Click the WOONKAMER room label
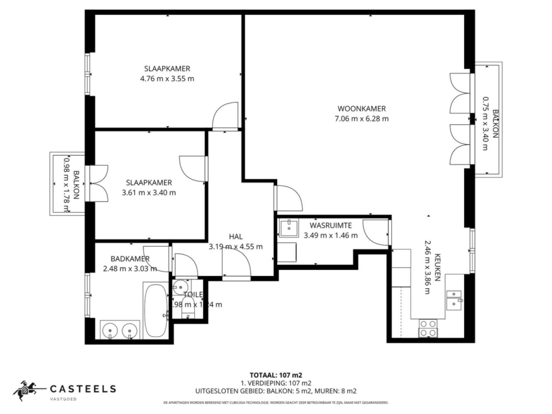(x=362, y=109)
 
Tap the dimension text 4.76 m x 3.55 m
(x=167, y=79)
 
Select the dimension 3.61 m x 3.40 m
(x=149, y=193)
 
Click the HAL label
(x=236, y=237)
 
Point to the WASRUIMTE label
(x=330, y=226)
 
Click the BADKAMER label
(x=130, y=259)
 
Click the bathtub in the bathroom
(x=155, y=310)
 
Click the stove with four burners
(x=428, y=327)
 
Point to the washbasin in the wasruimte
(x=289, y=228)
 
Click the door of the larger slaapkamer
(x=225, y=116)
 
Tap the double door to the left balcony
(x=99, y=183)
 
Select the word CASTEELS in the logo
(x=83, y=389)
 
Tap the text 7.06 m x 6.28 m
(x=362, y=119)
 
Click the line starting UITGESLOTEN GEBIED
(x=276, y=390)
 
